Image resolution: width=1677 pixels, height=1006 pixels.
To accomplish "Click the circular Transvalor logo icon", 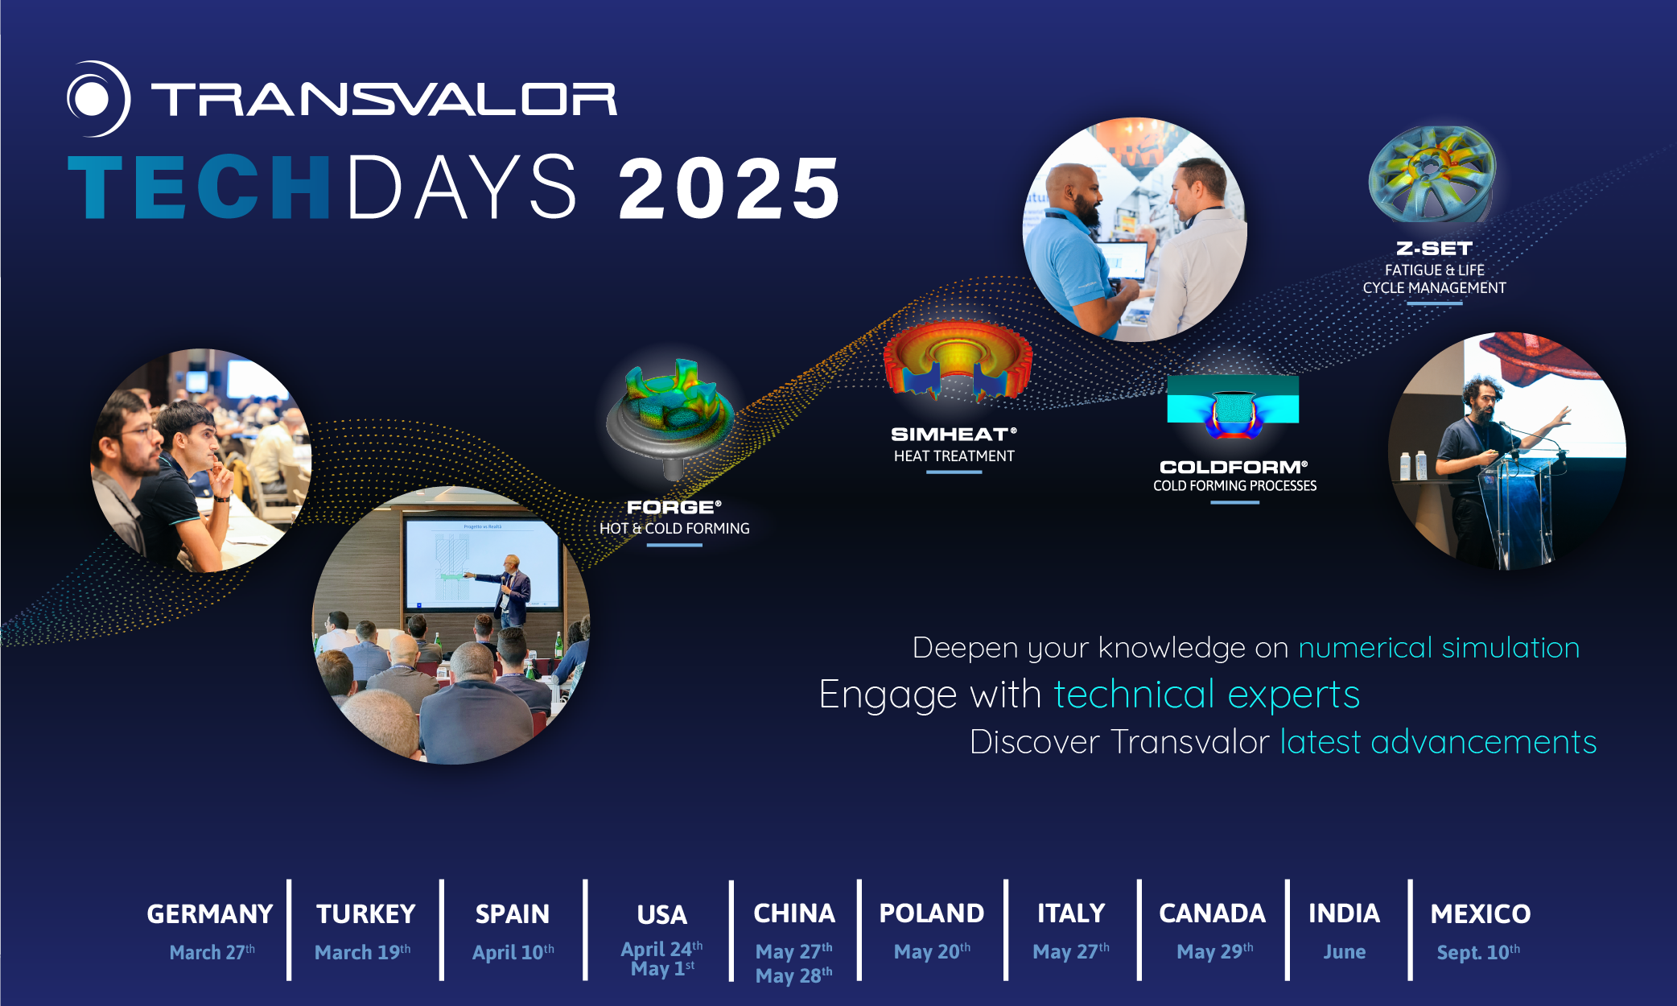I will [97, 99].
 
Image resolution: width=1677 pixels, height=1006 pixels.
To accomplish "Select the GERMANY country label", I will [209, 914].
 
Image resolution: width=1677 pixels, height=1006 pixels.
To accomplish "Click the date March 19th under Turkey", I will [362, 952].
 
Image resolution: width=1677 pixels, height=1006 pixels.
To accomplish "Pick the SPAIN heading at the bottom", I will [512, 914].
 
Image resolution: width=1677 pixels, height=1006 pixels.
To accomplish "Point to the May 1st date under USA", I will [661, 969].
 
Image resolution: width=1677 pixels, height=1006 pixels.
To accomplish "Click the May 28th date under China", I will [793, 975].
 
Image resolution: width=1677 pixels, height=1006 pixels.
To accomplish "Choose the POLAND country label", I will [931, 913].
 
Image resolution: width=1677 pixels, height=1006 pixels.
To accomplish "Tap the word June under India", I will [1344, 952].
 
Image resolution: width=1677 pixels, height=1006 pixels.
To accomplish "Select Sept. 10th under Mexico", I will [1477, 953].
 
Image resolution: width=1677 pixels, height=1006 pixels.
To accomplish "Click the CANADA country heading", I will [1212, 913].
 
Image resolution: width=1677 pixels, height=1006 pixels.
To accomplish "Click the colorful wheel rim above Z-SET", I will [1432, 173].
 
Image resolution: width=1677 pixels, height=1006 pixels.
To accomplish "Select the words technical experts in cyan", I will [1206, 695].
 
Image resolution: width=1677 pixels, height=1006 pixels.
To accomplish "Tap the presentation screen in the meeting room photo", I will [480, 563].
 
